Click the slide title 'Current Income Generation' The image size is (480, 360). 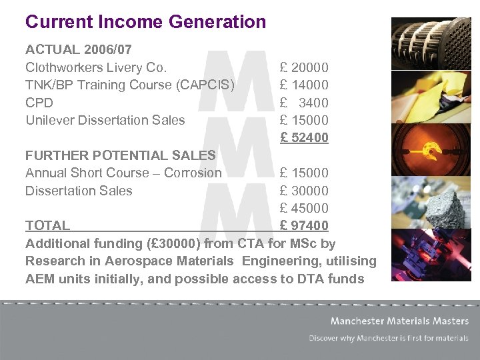click(145, 22)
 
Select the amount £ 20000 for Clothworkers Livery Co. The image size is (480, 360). click(304, 67)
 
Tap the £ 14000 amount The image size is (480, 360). click(304, 85)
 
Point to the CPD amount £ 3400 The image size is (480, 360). click(304, 103)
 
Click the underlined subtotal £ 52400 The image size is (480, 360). click(304, 138)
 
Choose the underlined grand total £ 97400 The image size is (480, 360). click(304, 225)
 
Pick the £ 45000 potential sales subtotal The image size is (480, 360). click(304, 208)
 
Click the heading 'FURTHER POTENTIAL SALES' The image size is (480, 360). click(120, 155)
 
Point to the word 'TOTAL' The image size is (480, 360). click(47, 225)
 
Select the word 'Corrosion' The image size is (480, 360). click(193, 173)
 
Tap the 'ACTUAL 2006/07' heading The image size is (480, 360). click(78, 50)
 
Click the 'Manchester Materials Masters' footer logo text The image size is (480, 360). click(399, 321)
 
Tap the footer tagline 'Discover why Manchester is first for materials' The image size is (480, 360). click(389, 339)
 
